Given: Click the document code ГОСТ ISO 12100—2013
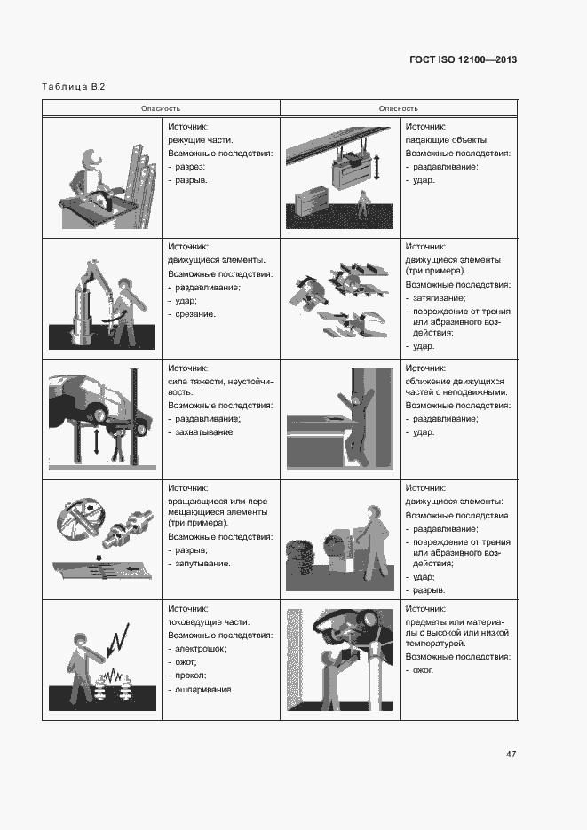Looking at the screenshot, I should [462, 59].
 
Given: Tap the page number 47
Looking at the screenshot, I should [511, 754].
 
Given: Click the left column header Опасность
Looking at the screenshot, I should [161, 108].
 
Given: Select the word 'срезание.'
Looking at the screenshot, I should [195, 314].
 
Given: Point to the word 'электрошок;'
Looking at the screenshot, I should [200, 649].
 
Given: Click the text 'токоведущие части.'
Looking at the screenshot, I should [209, 622].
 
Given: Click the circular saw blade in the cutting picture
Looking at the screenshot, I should [103, 199].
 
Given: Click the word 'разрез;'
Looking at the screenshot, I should [192, 166].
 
